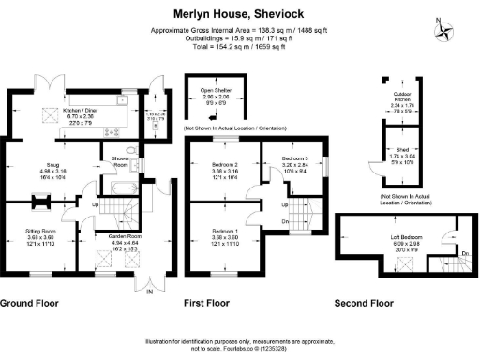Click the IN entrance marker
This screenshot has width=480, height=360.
pos(149,292)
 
